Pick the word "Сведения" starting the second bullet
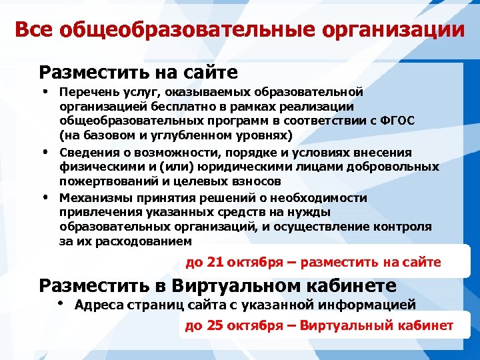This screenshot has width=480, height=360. tap(85, 153)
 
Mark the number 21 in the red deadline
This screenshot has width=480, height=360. tap(215, 262)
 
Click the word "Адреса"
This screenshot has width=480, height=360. tap(98, 305)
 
